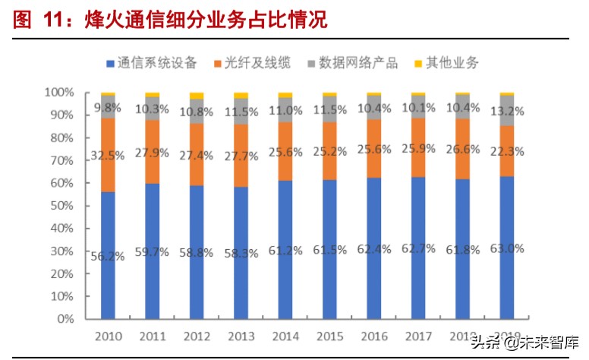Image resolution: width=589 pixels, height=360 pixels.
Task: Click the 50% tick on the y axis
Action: coord(62,206)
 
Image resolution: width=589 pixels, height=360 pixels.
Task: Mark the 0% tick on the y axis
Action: coord(65,319)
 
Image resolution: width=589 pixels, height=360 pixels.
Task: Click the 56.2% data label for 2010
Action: coord(108,256)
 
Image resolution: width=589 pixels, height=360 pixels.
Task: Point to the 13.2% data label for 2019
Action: coord(506,112)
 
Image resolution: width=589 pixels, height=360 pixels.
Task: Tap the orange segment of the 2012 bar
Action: coord(197,154)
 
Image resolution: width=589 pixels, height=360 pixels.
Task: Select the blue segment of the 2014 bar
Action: coord(285,250)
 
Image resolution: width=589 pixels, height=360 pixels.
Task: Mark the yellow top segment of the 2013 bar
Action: coord(241,95)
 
